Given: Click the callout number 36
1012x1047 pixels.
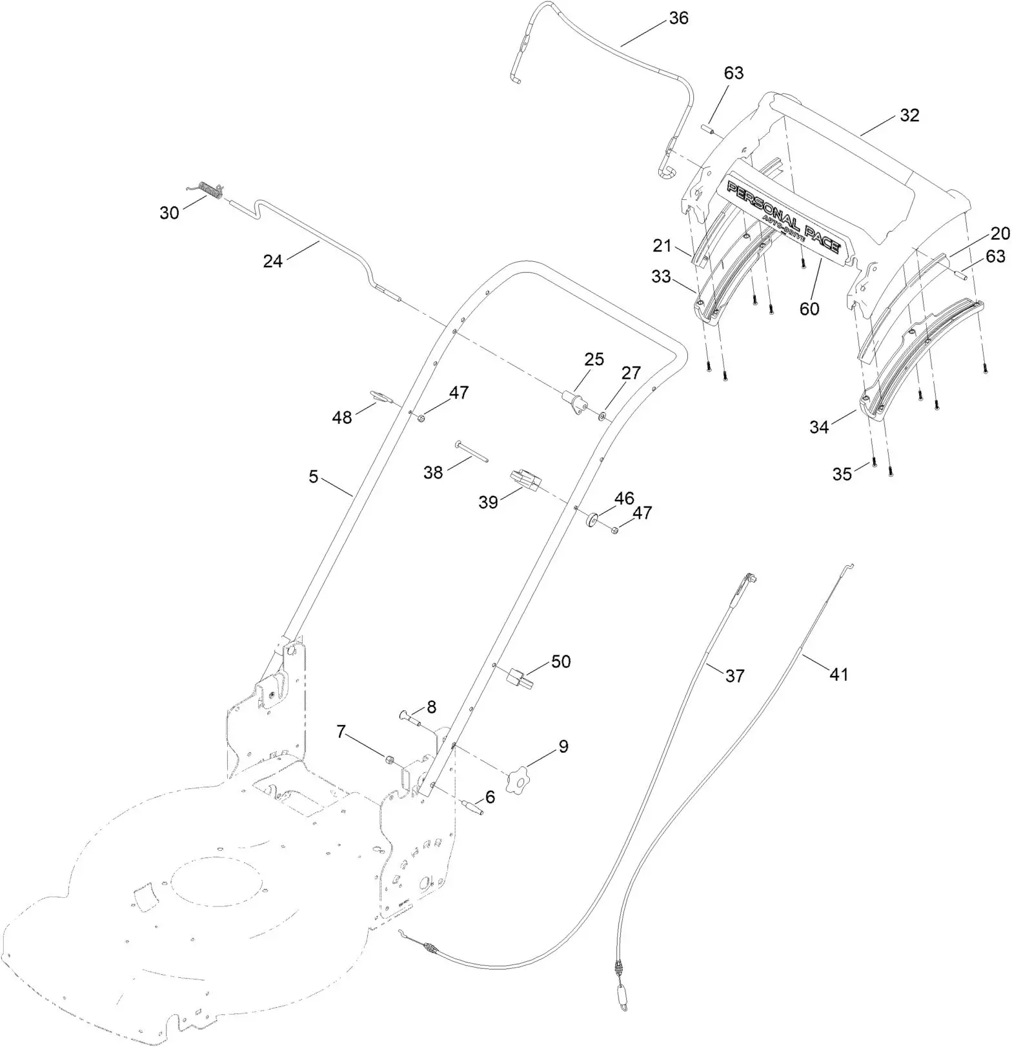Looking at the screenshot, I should click(x=678, y=19).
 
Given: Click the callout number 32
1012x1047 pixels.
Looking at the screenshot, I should click(x=909, y=116).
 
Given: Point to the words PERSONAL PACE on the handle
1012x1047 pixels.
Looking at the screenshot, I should click(x=782, y=217).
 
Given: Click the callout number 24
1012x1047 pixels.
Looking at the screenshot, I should click(x=273, y=262).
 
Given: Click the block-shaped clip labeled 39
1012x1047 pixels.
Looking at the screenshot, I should click(x=525, y=481).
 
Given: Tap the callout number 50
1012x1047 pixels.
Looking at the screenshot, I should click(x=560, y=662).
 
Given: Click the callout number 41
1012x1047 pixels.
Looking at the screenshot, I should click(x=838, y=675).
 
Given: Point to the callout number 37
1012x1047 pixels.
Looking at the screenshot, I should click(x=734, y=676).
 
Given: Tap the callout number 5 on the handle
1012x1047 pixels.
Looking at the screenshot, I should click(x=314, y=477).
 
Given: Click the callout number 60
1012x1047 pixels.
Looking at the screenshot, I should click(x=809, y=309).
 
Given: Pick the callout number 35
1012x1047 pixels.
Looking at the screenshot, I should click(x=842, y=474).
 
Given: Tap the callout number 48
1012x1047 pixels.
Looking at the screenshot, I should click(x=342, y=418).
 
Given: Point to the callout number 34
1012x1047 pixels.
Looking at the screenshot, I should click(x=819, y=427).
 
